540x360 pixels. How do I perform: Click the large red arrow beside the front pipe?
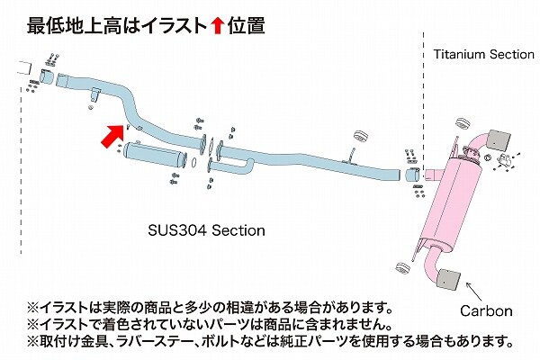point(112,136)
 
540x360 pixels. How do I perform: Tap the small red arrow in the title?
point(218,26)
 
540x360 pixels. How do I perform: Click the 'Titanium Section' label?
point(483,54)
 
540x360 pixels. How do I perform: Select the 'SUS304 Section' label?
point(207,230)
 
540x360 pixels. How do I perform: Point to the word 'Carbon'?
point(486,311)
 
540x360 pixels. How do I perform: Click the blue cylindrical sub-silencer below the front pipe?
point(155,155)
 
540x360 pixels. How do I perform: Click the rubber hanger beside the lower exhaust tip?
point(402,268)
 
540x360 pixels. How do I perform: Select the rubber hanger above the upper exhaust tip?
point(463,123)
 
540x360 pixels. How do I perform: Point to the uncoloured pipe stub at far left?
point(25,67)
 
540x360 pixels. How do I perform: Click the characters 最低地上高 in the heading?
point(75,26)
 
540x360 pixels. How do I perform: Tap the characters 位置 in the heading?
point(246,26)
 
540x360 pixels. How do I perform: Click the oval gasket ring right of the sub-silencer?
point(193,163)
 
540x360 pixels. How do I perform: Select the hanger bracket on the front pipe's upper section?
point(94,94)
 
